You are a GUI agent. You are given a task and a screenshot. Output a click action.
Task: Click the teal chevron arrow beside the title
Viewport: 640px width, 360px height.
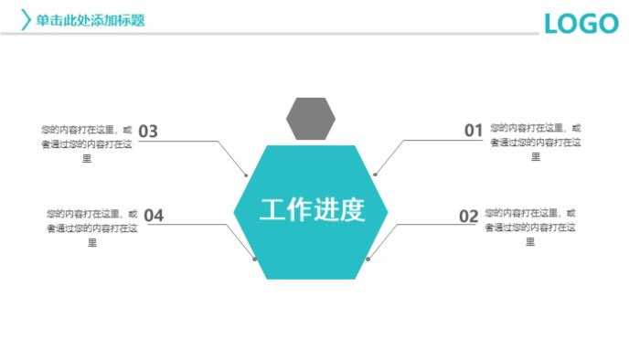[26, 19]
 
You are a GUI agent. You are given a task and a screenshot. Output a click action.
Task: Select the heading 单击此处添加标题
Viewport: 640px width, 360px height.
[90, 20]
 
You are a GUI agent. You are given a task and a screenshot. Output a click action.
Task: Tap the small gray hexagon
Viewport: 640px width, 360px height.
[311, 118]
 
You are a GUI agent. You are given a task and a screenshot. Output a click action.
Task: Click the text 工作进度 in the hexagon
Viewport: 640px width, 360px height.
[312, 209]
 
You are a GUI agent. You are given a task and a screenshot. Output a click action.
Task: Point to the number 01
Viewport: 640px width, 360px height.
[473, 131]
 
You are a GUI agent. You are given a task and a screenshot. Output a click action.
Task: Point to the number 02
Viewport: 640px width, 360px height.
[468, 216]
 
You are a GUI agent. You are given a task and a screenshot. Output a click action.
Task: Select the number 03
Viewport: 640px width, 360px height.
[148, 131]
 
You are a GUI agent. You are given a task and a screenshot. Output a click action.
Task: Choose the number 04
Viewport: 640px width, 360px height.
[154, 216]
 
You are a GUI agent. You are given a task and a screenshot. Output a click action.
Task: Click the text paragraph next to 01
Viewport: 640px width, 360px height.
[535, 142]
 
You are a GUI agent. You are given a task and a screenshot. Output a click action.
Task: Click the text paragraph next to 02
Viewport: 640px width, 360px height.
[530, 227]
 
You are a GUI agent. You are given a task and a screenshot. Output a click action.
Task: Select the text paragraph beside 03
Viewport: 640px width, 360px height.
[88, 143]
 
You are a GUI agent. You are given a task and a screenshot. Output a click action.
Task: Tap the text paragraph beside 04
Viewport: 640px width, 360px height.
[91, 228]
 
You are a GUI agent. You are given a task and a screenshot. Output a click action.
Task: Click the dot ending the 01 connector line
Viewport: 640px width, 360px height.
[375, 174]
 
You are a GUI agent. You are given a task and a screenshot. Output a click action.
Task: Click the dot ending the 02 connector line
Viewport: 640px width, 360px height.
[368, 259]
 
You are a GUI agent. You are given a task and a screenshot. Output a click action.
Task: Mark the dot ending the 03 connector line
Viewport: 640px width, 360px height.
[247, 174]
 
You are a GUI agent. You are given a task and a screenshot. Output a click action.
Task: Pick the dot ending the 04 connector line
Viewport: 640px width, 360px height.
[254, 259]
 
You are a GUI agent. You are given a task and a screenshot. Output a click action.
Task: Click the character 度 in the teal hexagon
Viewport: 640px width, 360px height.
[352, 209]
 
